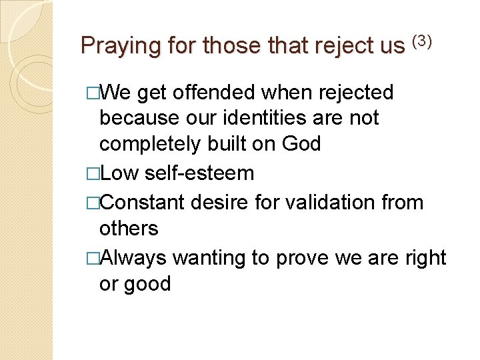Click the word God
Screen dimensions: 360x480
(301, 144)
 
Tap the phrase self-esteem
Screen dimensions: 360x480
(199, 173)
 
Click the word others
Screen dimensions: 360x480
(129, 229)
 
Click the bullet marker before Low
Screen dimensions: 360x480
(93, 174)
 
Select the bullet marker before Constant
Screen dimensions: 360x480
(93, 202)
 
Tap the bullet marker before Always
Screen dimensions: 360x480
(93, 257)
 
